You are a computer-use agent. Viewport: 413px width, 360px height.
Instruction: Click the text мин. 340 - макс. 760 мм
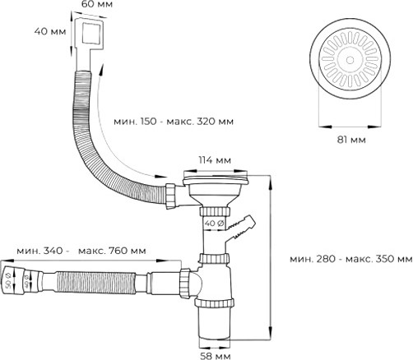point(81,250)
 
